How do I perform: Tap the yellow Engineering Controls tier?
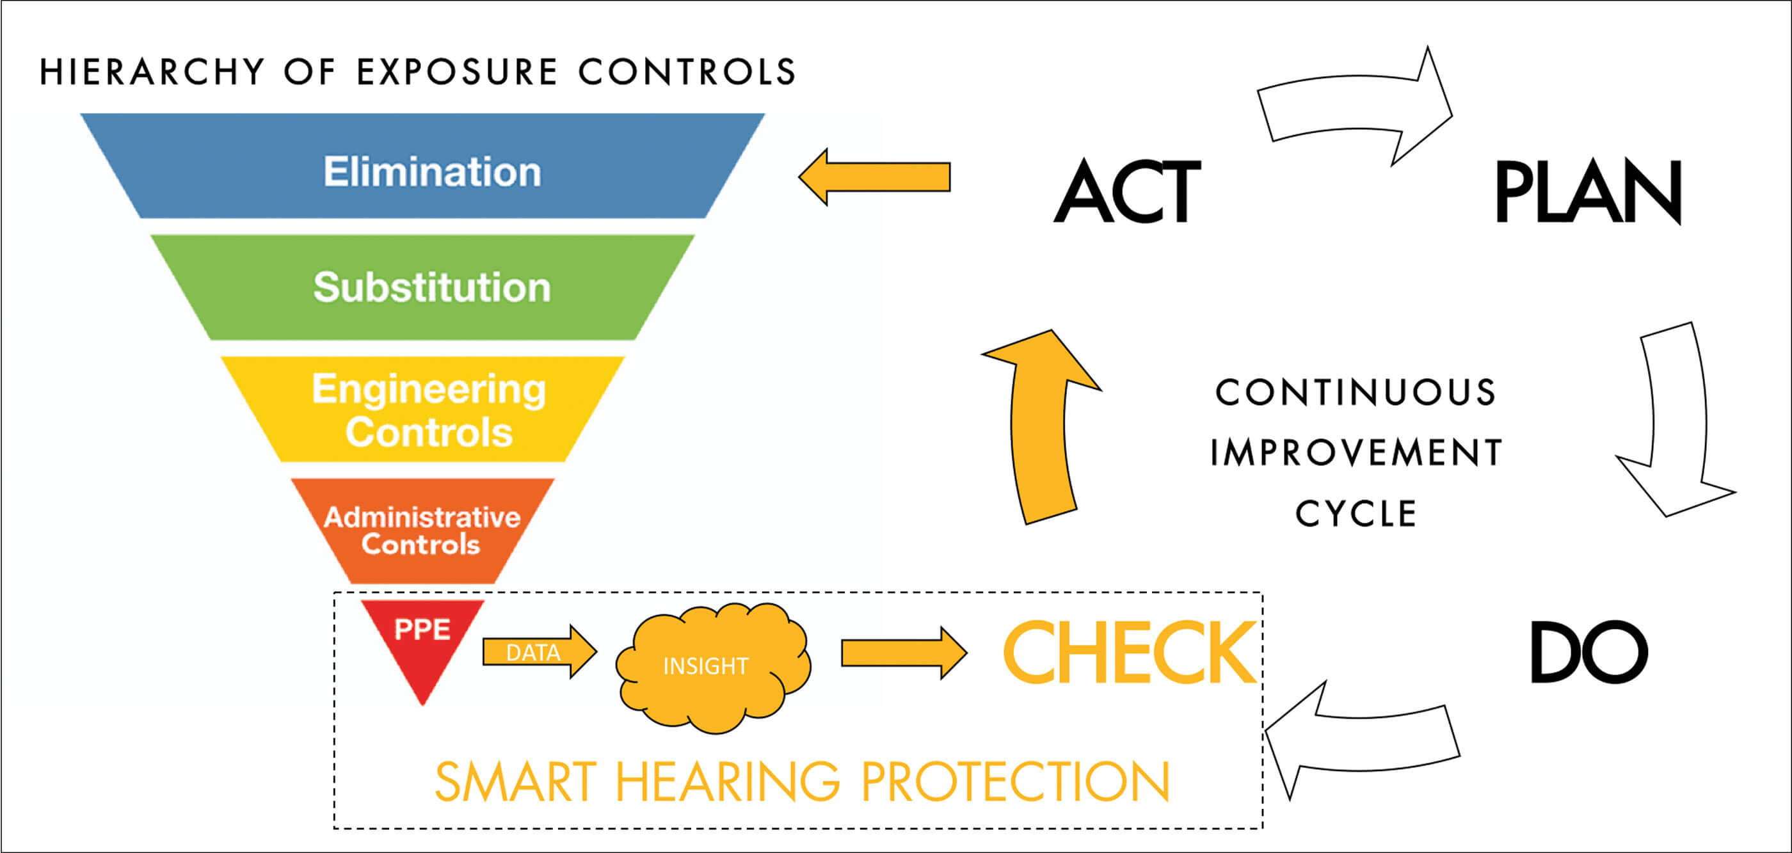click(423, 409)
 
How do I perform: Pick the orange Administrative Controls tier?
click(423, 530)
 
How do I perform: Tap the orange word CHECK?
click(1128, 653)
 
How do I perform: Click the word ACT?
click(1127, 191)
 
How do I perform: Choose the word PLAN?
click(1587, 191)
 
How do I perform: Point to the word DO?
click(1589, 653)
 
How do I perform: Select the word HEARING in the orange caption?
click(728, 782)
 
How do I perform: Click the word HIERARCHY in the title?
click(152, 72)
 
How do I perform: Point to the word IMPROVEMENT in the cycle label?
click(1357, 452)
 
